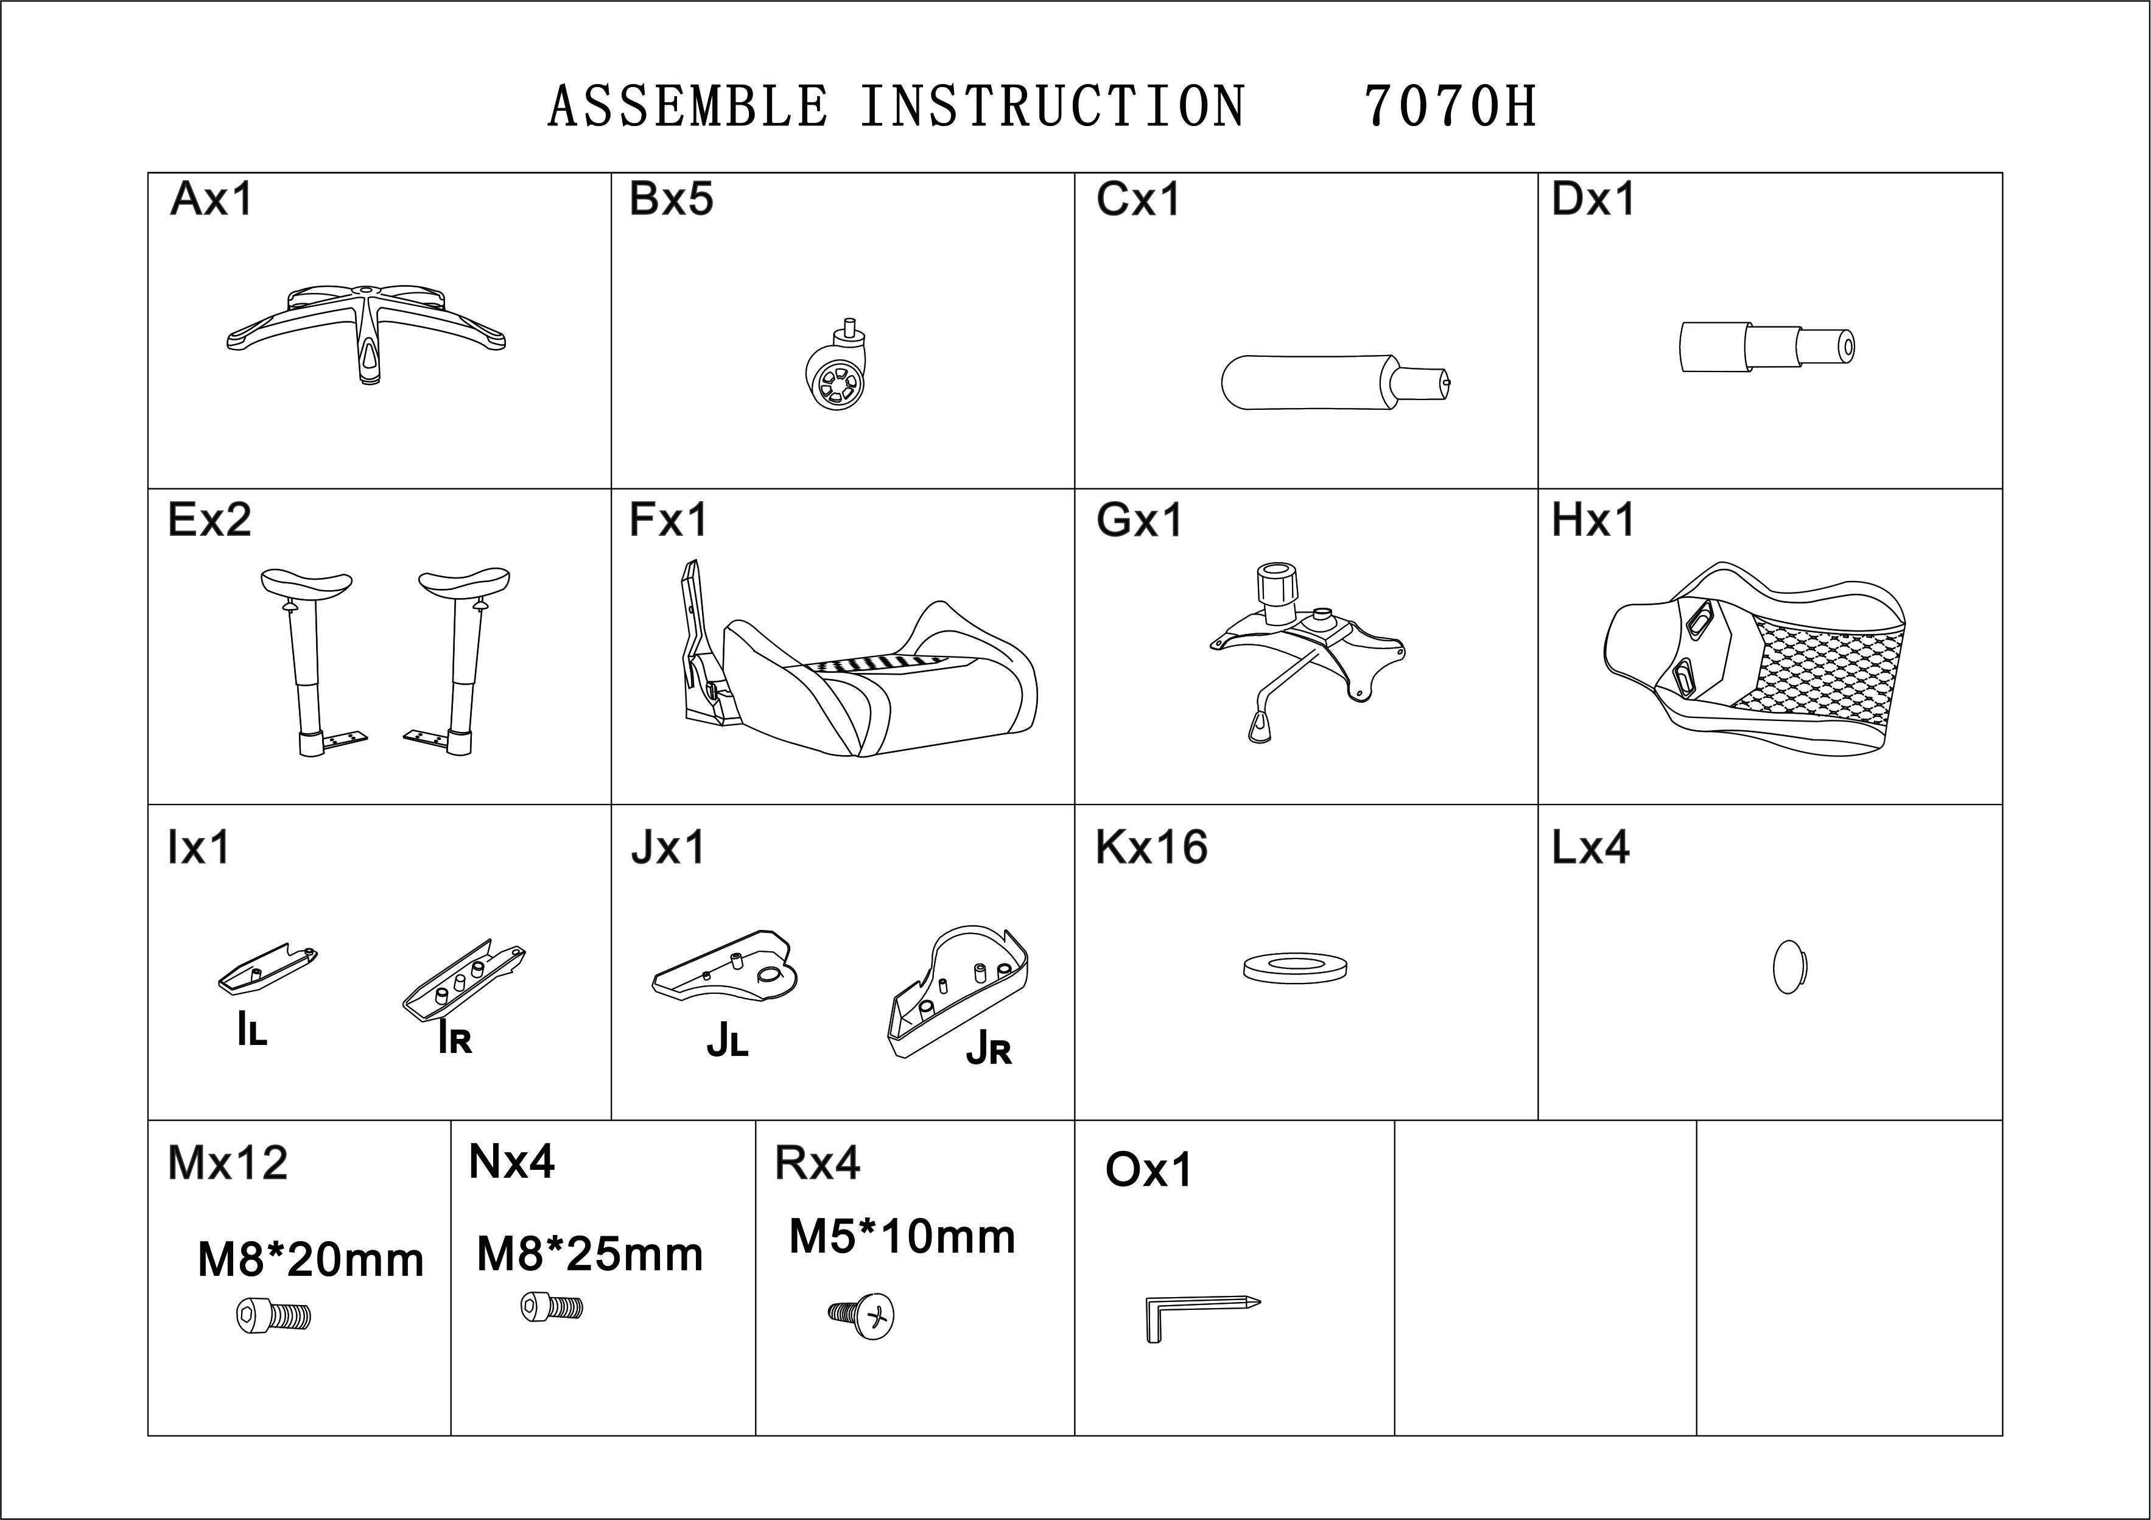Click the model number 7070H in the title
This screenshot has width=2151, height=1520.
(1450, 106)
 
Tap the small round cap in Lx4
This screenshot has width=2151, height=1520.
(1789, 966)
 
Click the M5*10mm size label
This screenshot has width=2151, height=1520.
(902, 1237)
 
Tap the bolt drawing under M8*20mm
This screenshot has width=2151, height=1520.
(273, 1317)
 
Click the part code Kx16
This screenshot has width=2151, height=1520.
(1151, 847)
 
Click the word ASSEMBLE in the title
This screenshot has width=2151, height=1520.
(687, 106)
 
